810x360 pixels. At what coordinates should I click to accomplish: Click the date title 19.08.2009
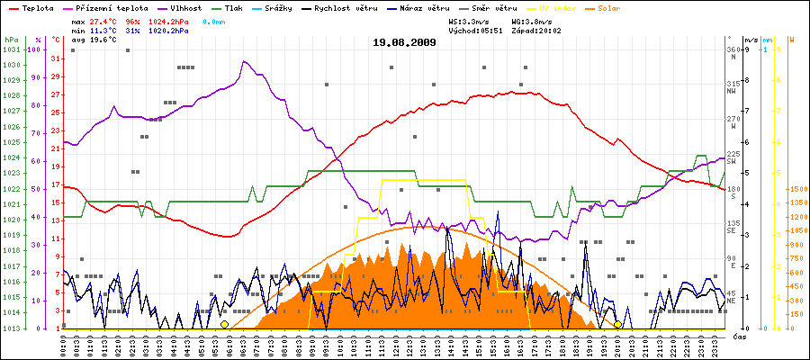coord(404,42)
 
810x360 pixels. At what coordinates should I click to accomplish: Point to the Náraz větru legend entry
coord(424,7)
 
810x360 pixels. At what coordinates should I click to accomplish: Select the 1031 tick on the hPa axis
coord(10,49)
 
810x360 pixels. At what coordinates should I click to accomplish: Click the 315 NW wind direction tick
coord(732,86)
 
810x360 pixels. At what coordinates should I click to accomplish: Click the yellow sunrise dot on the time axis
coord(224,324)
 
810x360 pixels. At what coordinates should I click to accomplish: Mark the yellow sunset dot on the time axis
coord(617,324)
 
